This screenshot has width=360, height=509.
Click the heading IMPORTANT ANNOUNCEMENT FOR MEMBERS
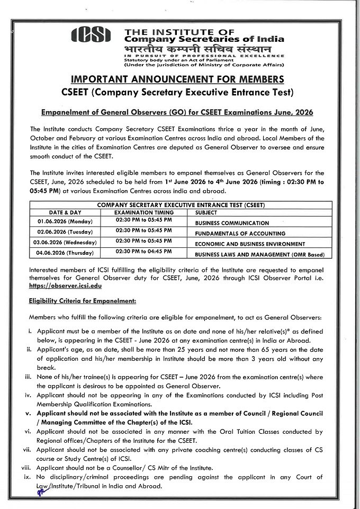click(180, 80)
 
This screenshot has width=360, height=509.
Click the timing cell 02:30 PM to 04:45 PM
click(143, 252)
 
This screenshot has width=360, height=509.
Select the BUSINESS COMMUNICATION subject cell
click(232, 224)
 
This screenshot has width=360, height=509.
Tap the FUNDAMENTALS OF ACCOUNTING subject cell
click(240, 234)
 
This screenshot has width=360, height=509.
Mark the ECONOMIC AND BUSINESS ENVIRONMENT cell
click(250, 244)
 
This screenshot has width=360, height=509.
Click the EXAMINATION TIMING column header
click(144, 212)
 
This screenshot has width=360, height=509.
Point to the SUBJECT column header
click(206, 212)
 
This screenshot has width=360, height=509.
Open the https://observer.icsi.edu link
click(65, 286)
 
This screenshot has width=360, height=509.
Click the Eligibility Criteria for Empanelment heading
click(83, 301)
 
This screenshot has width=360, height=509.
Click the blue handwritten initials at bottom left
click(39, 490)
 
